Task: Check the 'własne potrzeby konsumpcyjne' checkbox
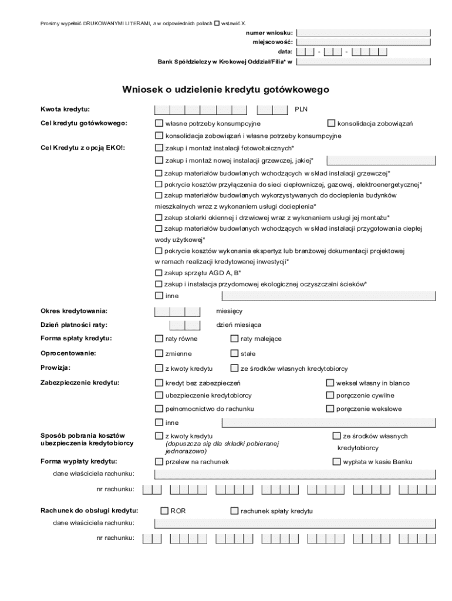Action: click(x=158, y=123)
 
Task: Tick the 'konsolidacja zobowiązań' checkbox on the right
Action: click(x=331, y=123)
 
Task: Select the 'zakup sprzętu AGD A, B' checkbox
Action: click(x=158, y=272)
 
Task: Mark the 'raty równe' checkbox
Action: click(x=158, y=339)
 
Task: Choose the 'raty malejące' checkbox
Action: click(x=234, y=339)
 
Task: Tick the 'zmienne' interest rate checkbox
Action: click(x=158, y=353)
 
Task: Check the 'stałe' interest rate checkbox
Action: click(x=234, y=353)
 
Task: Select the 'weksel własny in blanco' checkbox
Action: click(x=330, y=383)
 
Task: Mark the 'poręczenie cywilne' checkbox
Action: click(x=330, y=395)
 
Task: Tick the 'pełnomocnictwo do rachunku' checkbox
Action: click(x=158, y=408)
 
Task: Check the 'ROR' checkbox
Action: click(x=164, y=511)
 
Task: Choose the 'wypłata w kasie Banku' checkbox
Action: click(x=336, y=461)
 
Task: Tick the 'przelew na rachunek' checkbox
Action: click(x=158, y=461)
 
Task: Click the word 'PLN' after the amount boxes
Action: click(x=301, y=109)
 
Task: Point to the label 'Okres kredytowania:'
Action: click(x=73, y=310)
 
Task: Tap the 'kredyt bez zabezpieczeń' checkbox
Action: click(x=158, y=383)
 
